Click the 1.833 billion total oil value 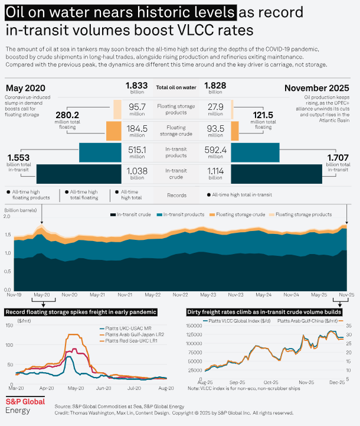[136, 86]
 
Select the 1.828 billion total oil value [215, 86]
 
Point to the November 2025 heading [316, 88]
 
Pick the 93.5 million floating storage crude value [215, 128]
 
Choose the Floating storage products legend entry [302, 214]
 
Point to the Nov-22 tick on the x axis [180, 294]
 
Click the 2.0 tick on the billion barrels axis [8, 217]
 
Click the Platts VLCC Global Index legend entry [234, 321]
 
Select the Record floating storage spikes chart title [81, 311]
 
